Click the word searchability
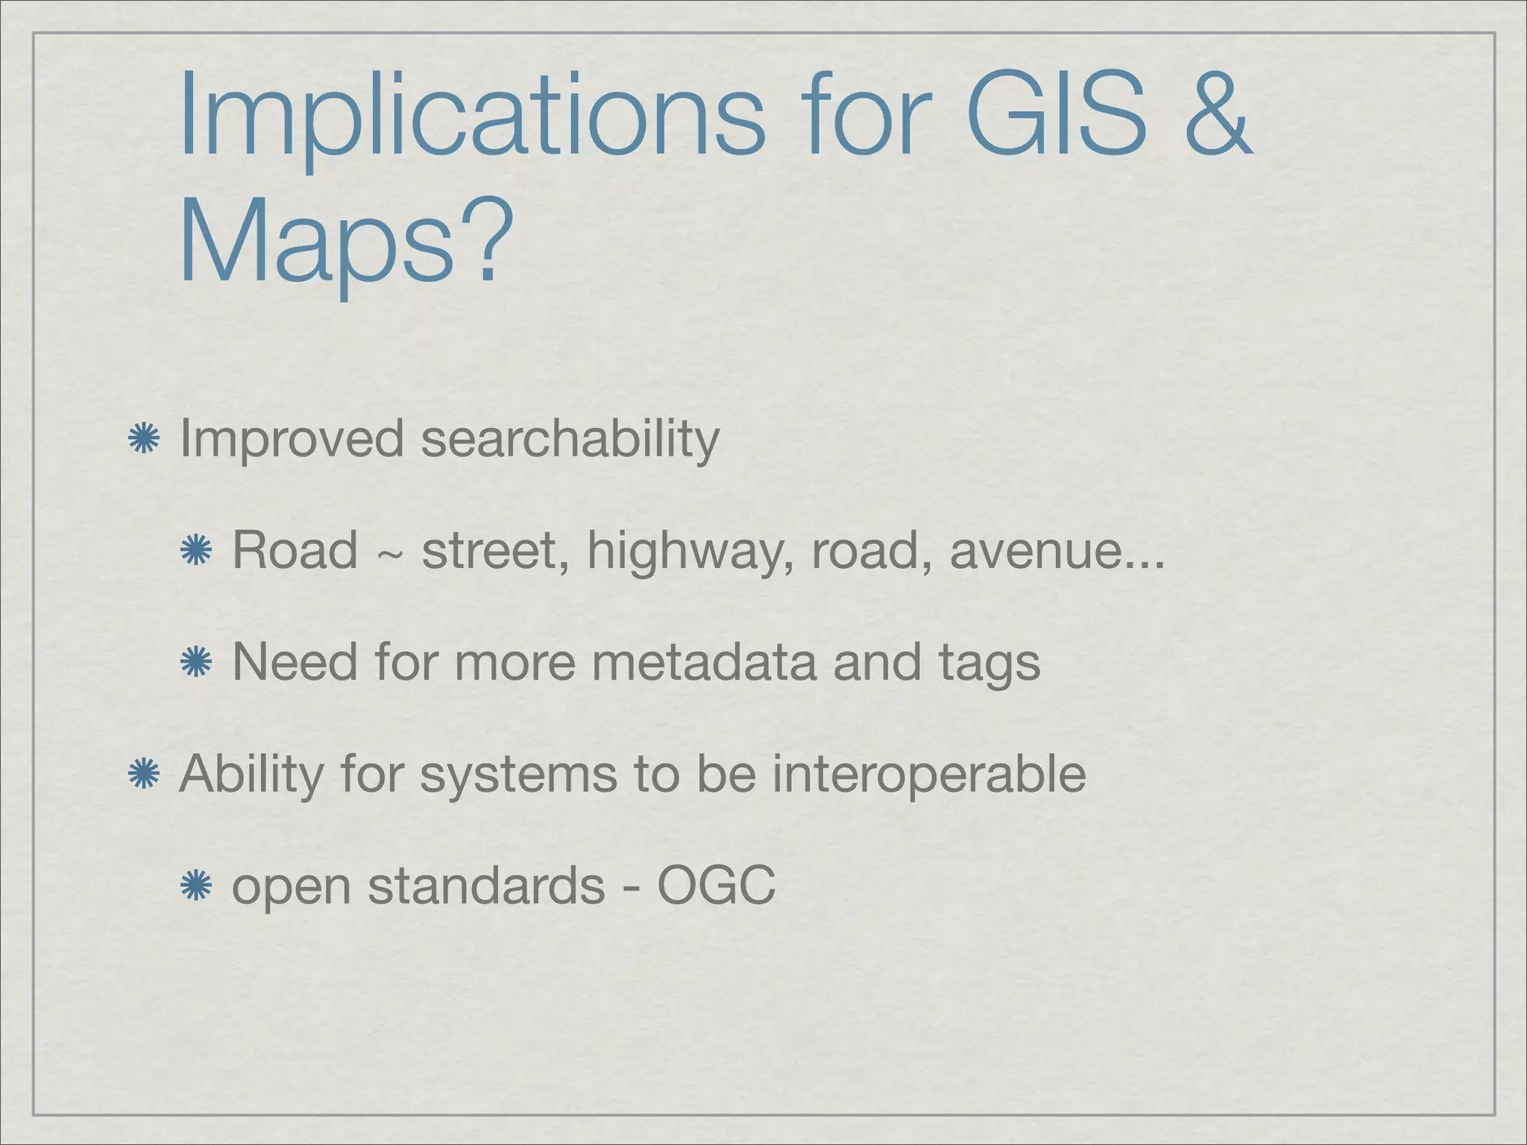pos(570,440)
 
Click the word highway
pos(690,552)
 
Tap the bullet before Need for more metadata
pos(196,662)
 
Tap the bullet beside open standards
pos(196,886)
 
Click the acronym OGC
pos(716,886)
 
